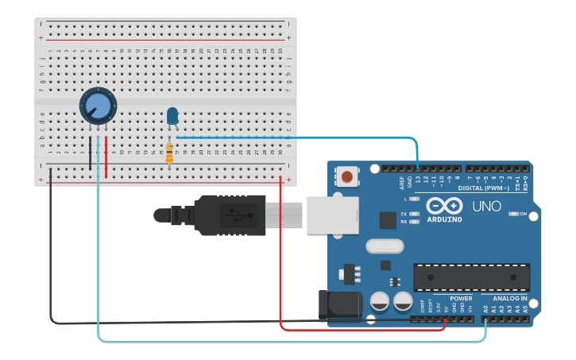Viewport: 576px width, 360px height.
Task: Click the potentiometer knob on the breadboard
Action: coord(98,105)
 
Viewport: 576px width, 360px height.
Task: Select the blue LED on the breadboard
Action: coord(172,116)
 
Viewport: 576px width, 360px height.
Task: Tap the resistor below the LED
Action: coord(169,152)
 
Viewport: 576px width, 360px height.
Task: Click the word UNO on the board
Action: coord(487,207)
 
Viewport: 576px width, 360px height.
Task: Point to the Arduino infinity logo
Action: coord(444,205)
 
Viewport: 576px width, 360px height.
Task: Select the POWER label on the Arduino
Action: coord(461,299)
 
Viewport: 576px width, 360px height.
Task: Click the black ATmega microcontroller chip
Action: coord(471,277)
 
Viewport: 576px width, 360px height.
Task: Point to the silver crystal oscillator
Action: coord(385,246)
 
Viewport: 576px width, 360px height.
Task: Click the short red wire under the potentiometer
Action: coord(106,157)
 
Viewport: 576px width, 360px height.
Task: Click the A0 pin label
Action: coord(485,308)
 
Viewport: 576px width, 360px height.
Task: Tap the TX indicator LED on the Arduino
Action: coord(414,215)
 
